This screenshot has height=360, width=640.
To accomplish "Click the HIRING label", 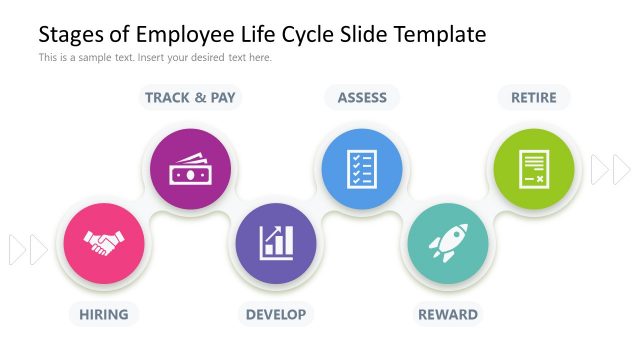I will point(104,314).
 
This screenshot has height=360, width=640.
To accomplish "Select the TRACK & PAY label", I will point(190,97).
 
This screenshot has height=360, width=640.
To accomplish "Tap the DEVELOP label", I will point(276,314).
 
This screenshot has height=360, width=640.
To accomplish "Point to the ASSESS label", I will point(362,97).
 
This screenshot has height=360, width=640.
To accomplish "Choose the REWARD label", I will point(447,314).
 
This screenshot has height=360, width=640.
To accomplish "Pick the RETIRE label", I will point(534,97).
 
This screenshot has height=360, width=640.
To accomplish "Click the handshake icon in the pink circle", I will point(104,243).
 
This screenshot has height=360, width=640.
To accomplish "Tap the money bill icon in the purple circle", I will point(190,169).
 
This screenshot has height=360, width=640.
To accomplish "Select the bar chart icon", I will point(276,242).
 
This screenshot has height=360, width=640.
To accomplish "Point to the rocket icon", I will point(447,243).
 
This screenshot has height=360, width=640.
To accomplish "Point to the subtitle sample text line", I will point(155,58).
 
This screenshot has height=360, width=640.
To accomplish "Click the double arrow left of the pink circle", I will point(28,249).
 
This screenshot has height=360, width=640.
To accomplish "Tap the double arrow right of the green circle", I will point(610,170).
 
